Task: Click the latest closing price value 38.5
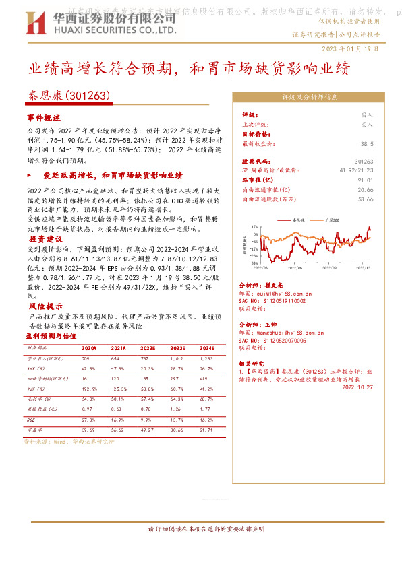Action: pyautogui.click(x=366, y=144)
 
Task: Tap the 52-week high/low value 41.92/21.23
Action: pyautogui.click(x=353, y=171)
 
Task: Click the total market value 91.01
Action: pyautogui.click(x=366, y=180)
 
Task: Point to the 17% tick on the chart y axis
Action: pyautogui.click(x=254, y=228)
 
